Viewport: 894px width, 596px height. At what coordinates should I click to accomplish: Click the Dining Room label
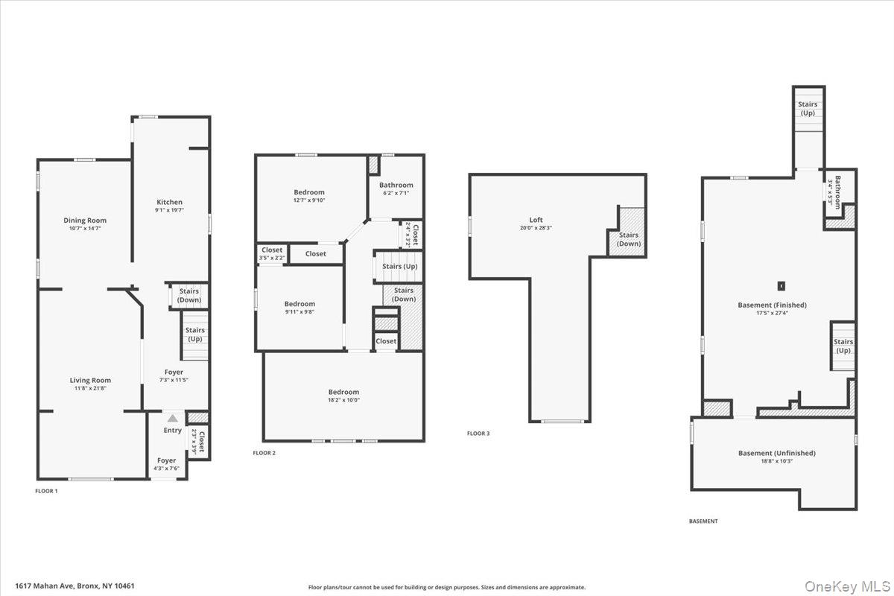tap(85, 221)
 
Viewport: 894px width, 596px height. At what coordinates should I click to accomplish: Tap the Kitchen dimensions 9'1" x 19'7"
tap(169, 211)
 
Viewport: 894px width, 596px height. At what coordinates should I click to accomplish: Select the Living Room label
tap(90, 381)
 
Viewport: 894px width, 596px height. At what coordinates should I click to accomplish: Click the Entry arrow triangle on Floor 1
tap(173, 419)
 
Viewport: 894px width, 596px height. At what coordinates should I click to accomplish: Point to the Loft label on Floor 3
tap(536, 221)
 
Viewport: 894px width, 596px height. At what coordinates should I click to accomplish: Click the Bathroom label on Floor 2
tap(396, 186)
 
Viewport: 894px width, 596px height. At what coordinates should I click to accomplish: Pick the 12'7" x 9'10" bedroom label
tap(308, 192)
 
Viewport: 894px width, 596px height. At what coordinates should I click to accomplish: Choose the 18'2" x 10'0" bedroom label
tap(343, 392)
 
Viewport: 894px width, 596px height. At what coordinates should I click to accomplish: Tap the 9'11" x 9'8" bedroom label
tap(299, 304)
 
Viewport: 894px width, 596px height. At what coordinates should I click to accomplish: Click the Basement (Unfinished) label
tap(776, 453)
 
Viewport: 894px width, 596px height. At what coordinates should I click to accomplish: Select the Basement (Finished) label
tap(772, 305)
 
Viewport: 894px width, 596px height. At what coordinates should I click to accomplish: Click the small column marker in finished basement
tap(782, 285)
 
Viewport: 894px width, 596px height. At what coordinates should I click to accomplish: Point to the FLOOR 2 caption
tap(264, 453)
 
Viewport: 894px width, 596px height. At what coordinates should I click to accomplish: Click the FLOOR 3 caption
tap(478, 434)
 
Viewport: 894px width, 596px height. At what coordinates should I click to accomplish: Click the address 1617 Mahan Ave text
tap(74, 586)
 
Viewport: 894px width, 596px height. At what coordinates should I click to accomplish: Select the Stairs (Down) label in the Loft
tap(628, 239)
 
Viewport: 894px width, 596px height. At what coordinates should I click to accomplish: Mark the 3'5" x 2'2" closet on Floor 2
tap(272, 254)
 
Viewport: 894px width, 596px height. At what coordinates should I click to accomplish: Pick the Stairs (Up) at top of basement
tap(808, 109)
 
